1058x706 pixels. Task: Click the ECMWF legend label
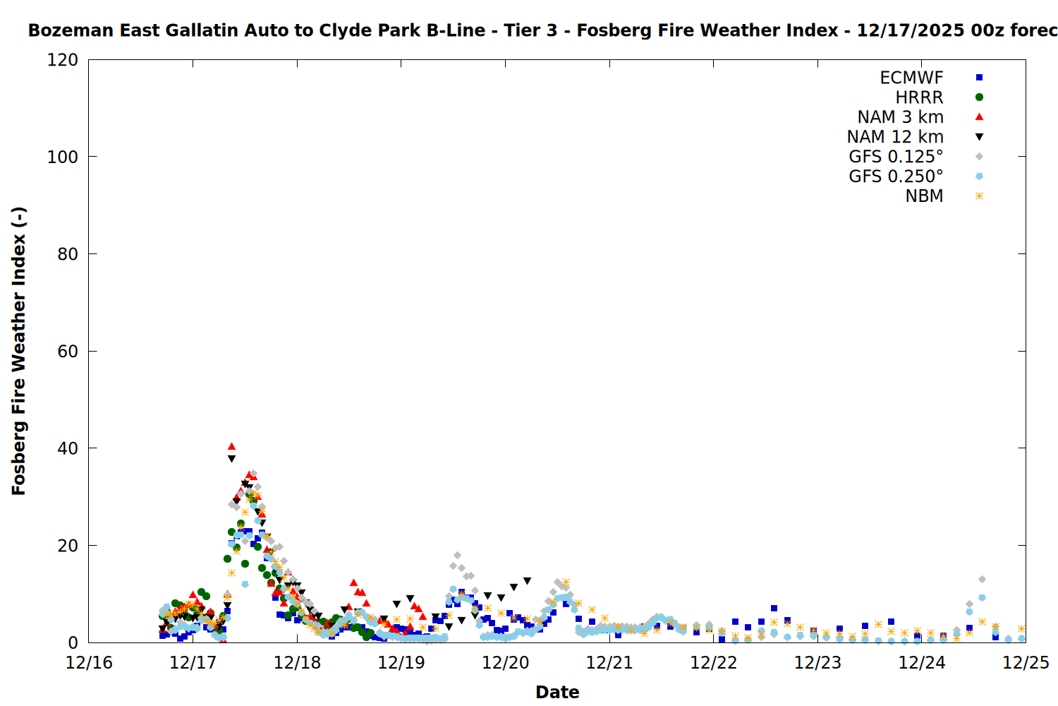[911, 78]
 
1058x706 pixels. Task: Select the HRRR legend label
[919, 97]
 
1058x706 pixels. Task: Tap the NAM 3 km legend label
[900, 117]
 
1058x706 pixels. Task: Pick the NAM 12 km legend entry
[895, 137]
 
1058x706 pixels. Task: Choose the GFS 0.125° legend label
[896, 157]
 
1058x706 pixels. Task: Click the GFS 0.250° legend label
[896, 176]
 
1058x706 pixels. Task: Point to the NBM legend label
[924, 196]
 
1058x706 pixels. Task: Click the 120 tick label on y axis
[63, 60]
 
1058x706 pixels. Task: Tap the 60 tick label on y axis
[68, 352]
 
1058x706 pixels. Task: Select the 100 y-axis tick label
[63, 157]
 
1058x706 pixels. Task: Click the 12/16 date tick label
[89, 663]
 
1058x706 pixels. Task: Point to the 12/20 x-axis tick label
[506, 663]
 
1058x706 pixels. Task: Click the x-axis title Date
[557, 692]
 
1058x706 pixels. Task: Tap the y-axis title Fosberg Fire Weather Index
[19, 351]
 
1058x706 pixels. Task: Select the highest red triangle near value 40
[231, 446]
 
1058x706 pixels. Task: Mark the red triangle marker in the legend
[979, 117]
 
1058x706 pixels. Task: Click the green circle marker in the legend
[979, 97]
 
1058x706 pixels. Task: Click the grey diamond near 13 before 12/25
[982, 580]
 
